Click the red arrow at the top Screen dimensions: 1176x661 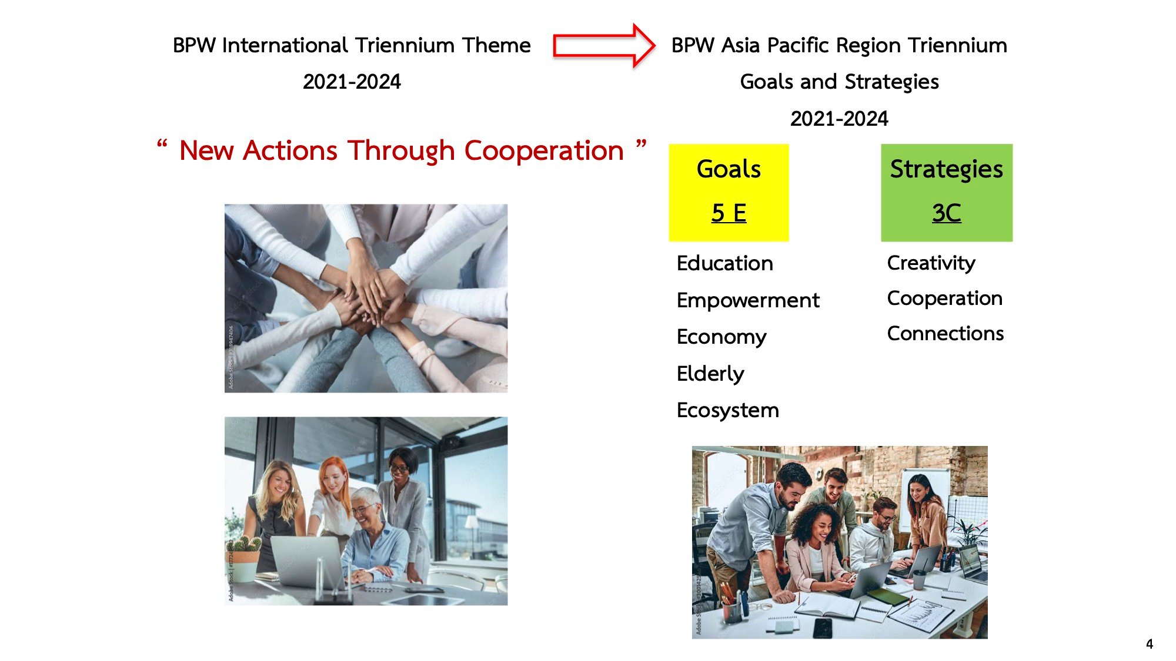point(604,45)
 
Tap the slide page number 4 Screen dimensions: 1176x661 point(1150,644)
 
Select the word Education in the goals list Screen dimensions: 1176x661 point(724,263)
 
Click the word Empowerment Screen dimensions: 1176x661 point(748,300)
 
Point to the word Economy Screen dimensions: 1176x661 point(721,337)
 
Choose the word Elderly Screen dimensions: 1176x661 point(710,374)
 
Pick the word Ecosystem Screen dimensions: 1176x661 point(728,410)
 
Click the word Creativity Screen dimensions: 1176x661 point(931,263)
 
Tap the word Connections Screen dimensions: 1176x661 point(946,334)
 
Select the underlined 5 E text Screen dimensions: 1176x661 point(729,213)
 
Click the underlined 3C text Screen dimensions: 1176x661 point(946,213)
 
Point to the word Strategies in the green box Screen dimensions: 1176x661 point(946,170)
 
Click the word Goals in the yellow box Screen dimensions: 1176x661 point(729,169)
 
